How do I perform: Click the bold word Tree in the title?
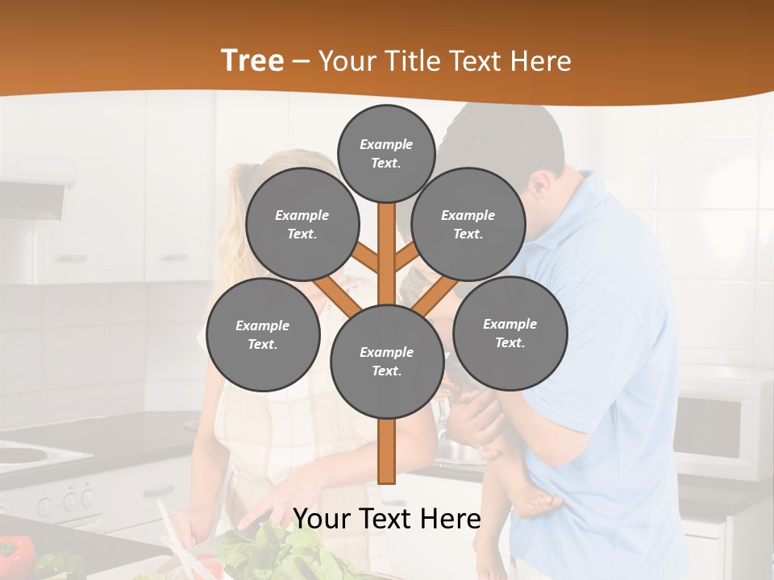252,61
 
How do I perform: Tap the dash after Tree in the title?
301,62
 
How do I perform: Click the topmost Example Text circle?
386,153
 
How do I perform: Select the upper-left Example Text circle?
302,224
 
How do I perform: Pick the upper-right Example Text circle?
468,224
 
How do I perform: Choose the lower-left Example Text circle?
263,334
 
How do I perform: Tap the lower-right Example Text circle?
510,333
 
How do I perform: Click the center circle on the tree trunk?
387,361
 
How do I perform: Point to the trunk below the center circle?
387,451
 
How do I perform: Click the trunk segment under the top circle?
387,242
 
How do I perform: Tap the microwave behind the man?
722,427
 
